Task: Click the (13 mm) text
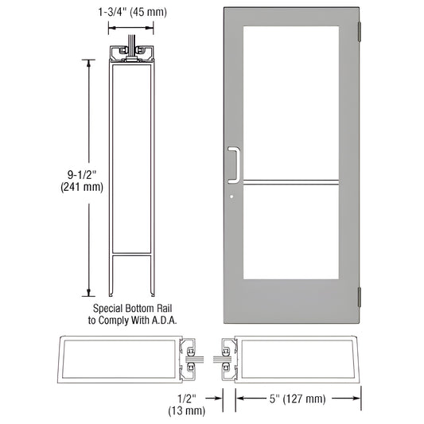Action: tap(187, 411)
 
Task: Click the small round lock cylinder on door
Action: tap(231, 198)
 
